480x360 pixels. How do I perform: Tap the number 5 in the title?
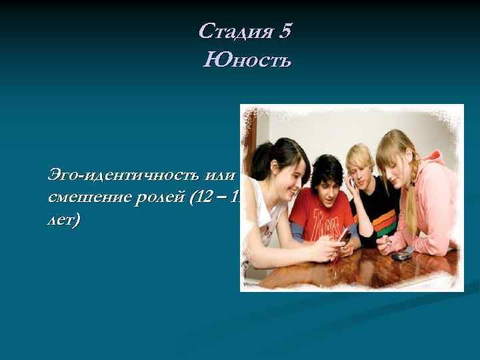click(286, 31)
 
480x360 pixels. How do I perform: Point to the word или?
click(221, 175)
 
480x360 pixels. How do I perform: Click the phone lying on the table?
click(400, 255)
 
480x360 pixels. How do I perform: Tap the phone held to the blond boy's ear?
click(353, 181)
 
